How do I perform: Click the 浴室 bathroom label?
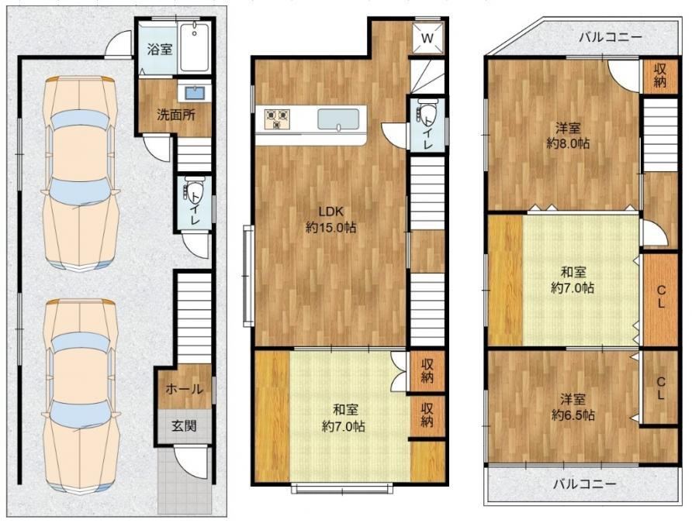(x=159, y=49)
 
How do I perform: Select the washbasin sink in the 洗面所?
(x=194, y=94)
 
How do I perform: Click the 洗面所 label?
(x=176, y=115)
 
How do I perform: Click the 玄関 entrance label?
(x=184, y=426)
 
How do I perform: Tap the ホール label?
(x=184, y=389)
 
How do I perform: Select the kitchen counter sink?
(x=338, y=119)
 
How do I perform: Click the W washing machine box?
(x=427, y=38)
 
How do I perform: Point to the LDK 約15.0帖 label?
(x=331, y=219)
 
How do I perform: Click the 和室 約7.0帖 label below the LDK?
(x=344, y=418)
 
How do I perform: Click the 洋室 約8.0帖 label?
(x=568, y=136)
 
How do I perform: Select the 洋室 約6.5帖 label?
(x=573, y=407)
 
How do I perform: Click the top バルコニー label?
(x=611, y=37)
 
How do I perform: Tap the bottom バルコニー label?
(x=585, y=484)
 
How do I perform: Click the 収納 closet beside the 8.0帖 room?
(x=659, y=75)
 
